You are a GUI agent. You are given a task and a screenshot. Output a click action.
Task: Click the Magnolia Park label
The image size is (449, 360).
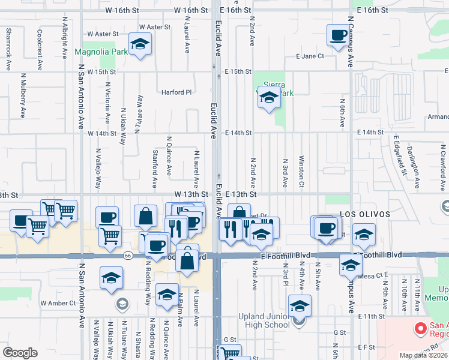point(101,52)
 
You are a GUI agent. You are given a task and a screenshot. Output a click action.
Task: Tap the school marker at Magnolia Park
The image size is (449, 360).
point(140,45)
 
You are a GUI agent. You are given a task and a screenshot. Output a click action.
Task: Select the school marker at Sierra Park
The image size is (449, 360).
point(268,97)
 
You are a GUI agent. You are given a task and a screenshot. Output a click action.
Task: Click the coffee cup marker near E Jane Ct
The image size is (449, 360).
point(337,35)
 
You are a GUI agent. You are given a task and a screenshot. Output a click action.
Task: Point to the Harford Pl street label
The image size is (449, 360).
point(176,92)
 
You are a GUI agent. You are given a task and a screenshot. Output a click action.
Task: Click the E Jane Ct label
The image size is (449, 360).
point(310,56)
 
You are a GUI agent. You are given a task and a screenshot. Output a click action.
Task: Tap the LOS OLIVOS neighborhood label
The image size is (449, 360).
point(365,214)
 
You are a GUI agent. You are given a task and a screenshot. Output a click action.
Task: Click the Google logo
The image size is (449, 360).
point(20,352)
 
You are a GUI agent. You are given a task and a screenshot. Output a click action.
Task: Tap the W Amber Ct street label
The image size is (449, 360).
point(58,303)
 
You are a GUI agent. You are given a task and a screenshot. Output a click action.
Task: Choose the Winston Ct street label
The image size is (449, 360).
point(301,173)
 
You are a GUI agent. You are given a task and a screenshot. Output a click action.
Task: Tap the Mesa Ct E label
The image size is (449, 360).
point(375,276)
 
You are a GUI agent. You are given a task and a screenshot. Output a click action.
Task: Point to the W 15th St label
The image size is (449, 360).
point(101,71)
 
